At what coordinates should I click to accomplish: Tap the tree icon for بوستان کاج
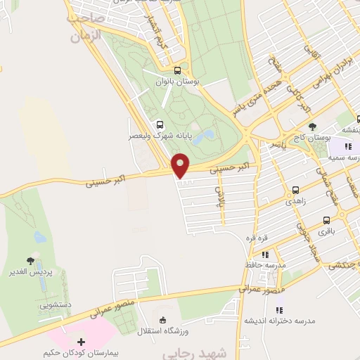point(312,127)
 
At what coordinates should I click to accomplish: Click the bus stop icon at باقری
point(326,220)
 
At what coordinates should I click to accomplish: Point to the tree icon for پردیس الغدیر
point(29,260)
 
